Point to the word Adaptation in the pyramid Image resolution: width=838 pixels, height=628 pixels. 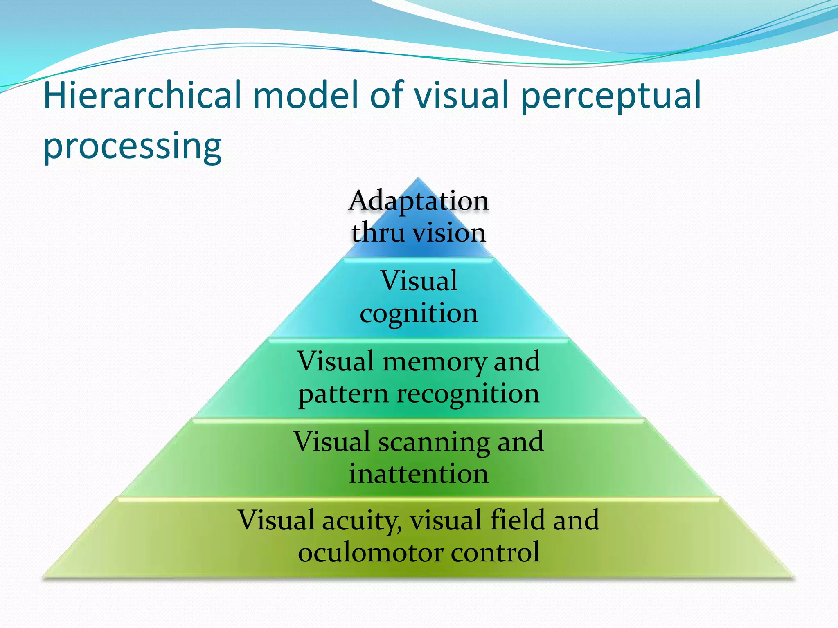[419, 201]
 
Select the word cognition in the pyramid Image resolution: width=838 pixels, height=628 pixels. [419, 314]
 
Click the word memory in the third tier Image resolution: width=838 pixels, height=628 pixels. [435, 361]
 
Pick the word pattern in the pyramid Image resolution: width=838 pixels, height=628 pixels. [343, 395]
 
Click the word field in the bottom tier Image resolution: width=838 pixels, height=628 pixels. [518, 520]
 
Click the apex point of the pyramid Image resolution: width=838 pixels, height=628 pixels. [418, 179]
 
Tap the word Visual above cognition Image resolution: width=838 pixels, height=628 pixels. [419, 281]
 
